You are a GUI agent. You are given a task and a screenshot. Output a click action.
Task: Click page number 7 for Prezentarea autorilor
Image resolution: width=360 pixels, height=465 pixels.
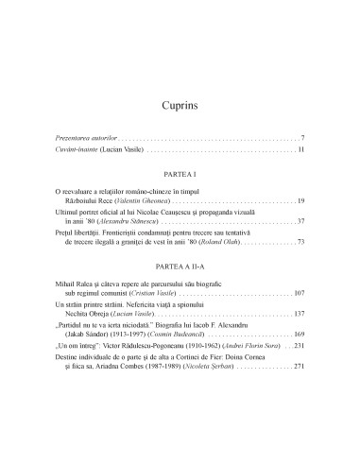(x=300, y=138)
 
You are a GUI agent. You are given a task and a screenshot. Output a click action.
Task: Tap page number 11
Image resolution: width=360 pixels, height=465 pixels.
(x=300, y=150)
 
